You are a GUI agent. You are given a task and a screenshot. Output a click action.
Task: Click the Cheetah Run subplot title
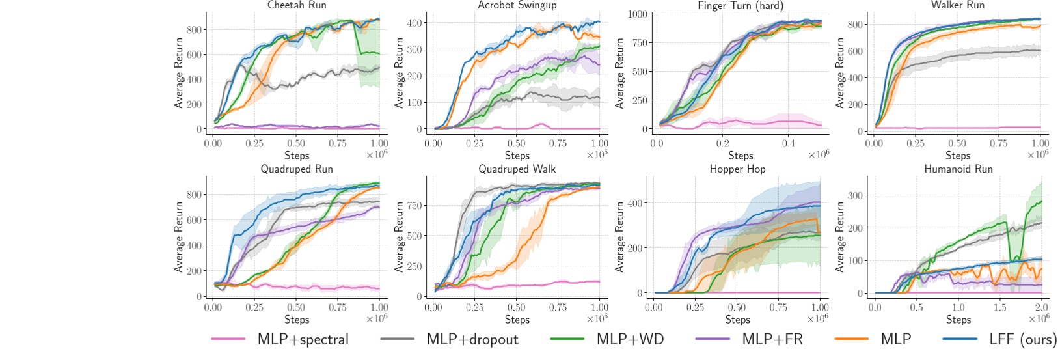[x=297, y=5]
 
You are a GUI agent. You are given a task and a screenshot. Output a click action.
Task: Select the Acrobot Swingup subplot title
[x=517, y=5]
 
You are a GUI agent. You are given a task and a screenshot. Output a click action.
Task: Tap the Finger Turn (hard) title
[x=740, y=6]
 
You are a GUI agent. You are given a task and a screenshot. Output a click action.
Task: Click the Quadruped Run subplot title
[x=297, y=169]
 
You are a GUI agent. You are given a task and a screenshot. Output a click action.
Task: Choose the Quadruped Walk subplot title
[x=517, y=169]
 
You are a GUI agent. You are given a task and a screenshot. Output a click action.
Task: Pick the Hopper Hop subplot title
[x=737, y=169]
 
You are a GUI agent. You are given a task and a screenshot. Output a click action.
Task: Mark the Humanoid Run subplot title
[x=958, y=169]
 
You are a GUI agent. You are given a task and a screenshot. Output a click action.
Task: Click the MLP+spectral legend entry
[x=303, y=339]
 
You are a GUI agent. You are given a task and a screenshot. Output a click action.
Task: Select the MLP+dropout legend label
[x=472, y=339]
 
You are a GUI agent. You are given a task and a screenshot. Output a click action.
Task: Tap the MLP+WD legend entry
[x=629, y=339]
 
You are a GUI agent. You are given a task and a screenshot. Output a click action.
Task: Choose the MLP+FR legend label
[x=772, y=339]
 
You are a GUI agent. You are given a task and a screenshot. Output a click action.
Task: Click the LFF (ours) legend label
[x=1022, y=339]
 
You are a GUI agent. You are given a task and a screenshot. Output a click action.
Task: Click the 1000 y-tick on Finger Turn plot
[x=637, y=14]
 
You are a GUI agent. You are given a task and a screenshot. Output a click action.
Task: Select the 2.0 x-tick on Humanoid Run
[x=1041, y=307]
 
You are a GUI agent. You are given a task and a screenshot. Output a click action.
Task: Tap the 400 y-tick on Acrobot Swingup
[x=414, y=23]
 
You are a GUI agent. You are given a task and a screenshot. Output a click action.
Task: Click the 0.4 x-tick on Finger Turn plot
[x=788, y=143]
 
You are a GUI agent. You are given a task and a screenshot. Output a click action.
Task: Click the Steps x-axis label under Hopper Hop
[x=737, y=320]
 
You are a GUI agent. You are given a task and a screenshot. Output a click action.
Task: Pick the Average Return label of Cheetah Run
[x=179, y=72]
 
